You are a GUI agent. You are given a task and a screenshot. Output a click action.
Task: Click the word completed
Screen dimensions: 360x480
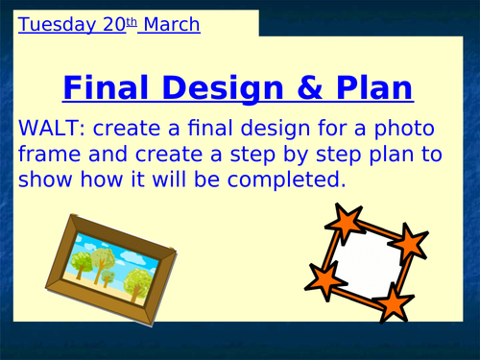point(290,179)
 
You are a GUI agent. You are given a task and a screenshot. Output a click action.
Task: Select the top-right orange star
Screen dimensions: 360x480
point(411,241)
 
